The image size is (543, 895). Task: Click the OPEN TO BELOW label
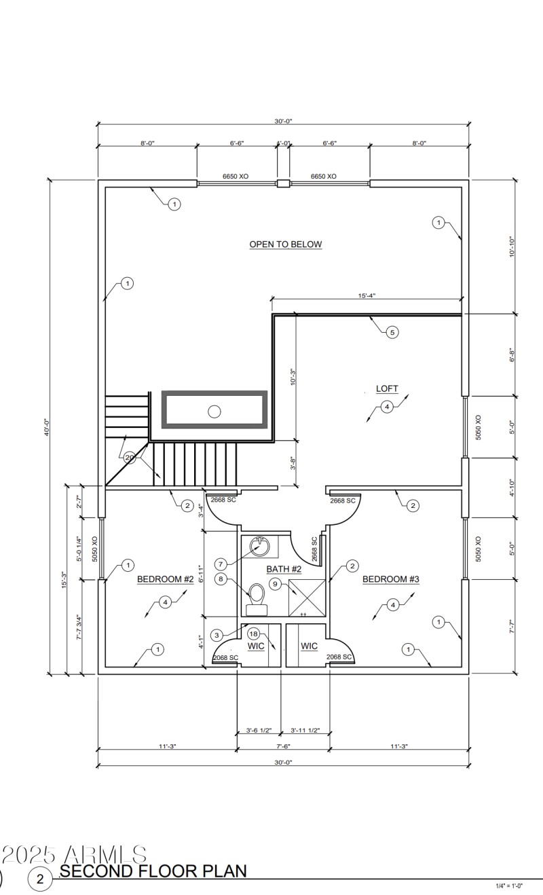(x=285, y=244)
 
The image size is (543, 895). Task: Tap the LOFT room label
(x=387, y=389)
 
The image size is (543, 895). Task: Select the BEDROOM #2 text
(x=166, y=579)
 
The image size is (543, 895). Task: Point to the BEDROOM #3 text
(x=390, y=579)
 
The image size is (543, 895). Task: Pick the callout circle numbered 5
(x=392, y=332)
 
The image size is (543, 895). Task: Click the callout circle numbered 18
(x=253, y=633)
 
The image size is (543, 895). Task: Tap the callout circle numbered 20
(x=130, y=458)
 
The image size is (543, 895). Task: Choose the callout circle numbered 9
(x=274, y=583)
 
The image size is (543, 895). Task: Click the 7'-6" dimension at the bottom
(x=283, y=746)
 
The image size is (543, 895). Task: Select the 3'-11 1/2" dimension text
(x=305, y=731)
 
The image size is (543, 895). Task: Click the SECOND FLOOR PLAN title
(x=153, y=871)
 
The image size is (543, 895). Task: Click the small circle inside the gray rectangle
(x=214, y=410)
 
